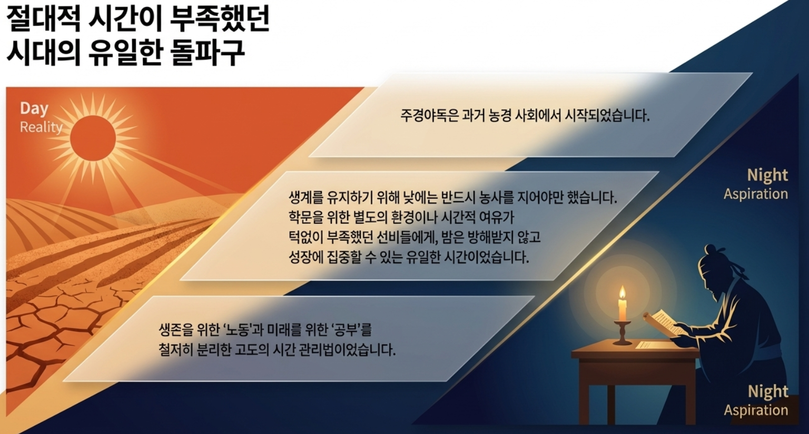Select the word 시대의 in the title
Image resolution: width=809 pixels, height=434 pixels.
coord(44,53)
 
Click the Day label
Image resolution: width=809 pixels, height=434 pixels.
coord(34,108)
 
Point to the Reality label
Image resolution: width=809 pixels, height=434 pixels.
coord(41,127)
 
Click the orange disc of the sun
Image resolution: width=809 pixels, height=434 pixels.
coord(93,139)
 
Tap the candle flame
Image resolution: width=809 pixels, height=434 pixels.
coord(622,292)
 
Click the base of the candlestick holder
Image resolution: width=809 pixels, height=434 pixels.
coord(622,342)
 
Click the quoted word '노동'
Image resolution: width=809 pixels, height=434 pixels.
coord(237,330)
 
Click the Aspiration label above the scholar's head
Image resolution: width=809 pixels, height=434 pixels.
coord(756,194)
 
